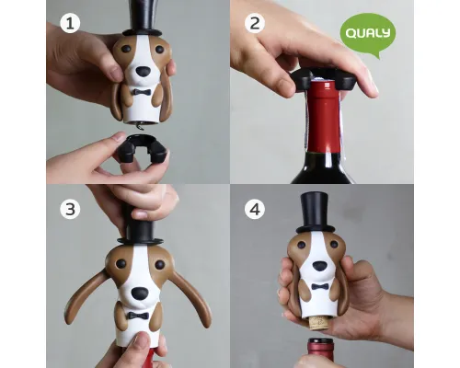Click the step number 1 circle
(70, 23)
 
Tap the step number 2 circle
(255, 23)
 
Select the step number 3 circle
(70, 209)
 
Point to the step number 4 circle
(255, 209)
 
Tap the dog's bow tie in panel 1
(142, 92)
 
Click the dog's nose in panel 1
(144, 72)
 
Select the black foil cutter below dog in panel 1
(143, 148)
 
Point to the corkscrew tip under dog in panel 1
(140, 126)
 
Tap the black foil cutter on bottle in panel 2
(324, 79)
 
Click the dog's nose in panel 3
(139, 293)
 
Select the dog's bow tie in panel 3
(138, 316)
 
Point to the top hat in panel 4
(315, 213)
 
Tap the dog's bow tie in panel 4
(320, 287)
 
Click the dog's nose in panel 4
(319, 266)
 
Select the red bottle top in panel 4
(320, 352)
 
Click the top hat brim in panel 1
(142, 32)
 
